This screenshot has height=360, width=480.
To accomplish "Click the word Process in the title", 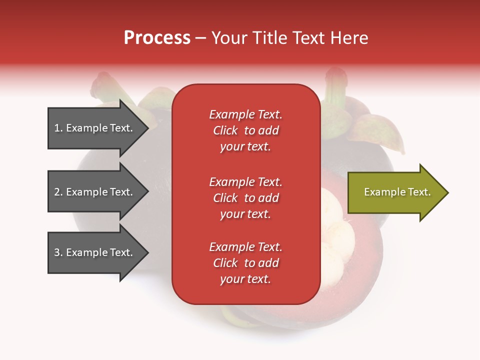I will (x=157, y=38).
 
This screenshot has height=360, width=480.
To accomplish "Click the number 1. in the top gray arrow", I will (x=58, y=128).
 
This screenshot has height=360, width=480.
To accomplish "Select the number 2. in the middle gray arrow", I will (x=58, y=192).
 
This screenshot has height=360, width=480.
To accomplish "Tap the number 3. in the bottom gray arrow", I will (x=58, y=252).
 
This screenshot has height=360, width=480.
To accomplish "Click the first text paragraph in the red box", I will (x=245, y=130).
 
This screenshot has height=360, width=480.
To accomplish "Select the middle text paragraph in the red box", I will (x=245, y=198).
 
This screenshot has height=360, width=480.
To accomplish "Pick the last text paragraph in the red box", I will (x=245, y=263).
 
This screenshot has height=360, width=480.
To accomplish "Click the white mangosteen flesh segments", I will (x=335, y=225).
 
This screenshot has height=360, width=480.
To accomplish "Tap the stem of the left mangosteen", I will (x=102, y=85).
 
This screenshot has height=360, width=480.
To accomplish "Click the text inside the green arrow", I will (x=397, y=192).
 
